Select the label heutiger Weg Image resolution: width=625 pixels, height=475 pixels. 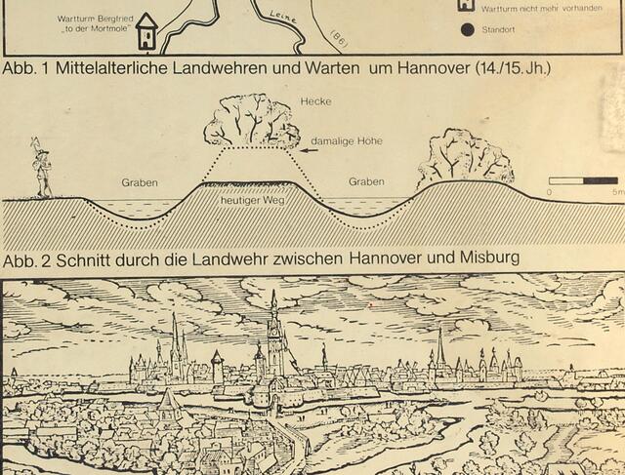(x=250, y=199)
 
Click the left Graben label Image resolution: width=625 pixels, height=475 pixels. (x=140, y=182)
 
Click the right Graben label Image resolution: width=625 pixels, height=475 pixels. (x=366, y=181)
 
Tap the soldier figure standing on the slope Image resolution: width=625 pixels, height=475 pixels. (x=41, y=168)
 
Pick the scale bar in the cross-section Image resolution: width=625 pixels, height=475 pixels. (x=582, y=180)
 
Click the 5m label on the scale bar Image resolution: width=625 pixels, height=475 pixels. (x=615, y=192)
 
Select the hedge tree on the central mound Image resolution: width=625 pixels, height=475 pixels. (x=251, y=121)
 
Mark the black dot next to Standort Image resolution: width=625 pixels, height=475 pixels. (x=467, y=29)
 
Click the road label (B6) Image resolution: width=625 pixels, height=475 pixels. (x=338, y=37)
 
